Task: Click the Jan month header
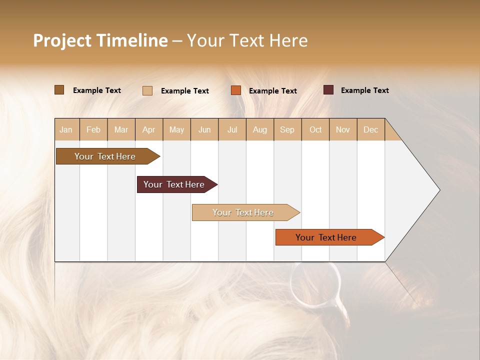tap(66, 129)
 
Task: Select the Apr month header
tap(149, 129)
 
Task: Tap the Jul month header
tap(232, 129)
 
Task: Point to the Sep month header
tap(287, 129)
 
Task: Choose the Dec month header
tap(370, 129)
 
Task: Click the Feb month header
tap(93, 129)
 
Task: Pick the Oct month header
tap(315, 129)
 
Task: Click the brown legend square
tap(59, 90)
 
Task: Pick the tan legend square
tap(147, 90)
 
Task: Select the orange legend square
tap(236, 90)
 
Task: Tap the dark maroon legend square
tap(328, 90)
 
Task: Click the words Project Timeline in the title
tap(100, 40)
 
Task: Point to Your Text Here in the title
tap(247, 40)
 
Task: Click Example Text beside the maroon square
tap(364, 90)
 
